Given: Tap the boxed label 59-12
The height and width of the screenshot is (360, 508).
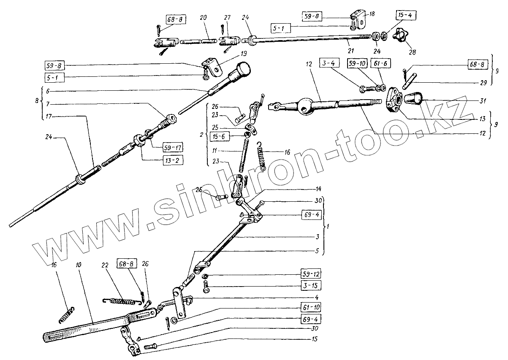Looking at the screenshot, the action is tap(311, 272).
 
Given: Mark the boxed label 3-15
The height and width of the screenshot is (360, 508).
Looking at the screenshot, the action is tap(311, 285).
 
